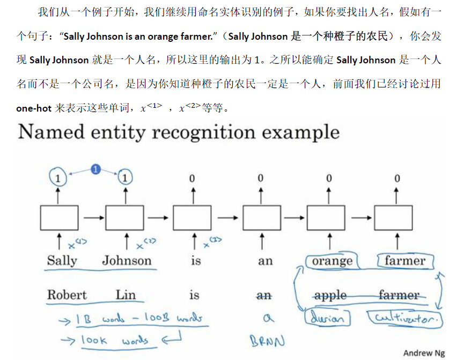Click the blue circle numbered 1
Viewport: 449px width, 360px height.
(x=95, y=169)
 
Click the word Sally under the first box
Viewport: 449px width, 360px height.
(x=62, y=261)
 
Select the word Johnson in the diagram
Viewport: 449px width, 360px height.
(x=127, y=261)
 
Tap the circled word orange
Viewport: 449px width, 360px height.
(x=332, y=261)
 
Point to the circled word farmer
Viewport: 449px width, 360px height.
(x=404, y=261)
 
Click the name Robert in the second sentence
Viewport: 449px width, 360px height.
(x=67, y=295)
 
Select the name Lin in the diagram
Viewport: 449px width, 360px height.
(x=126, y=295)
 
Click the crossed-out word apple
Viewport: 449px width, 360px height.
(x=330, y=296)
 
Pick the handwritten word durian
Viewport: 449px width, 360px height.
(x=327, y=318)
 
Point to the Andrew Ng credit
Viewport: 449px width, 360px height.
(x=424, y=352)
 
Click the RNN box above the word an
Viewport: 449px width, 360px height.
(x=261, y=217)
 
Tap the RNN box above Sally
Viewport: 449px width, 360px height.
(x=58, y=217)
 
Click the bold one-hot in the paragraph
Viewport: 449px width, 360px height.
(x=34, y=108)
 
